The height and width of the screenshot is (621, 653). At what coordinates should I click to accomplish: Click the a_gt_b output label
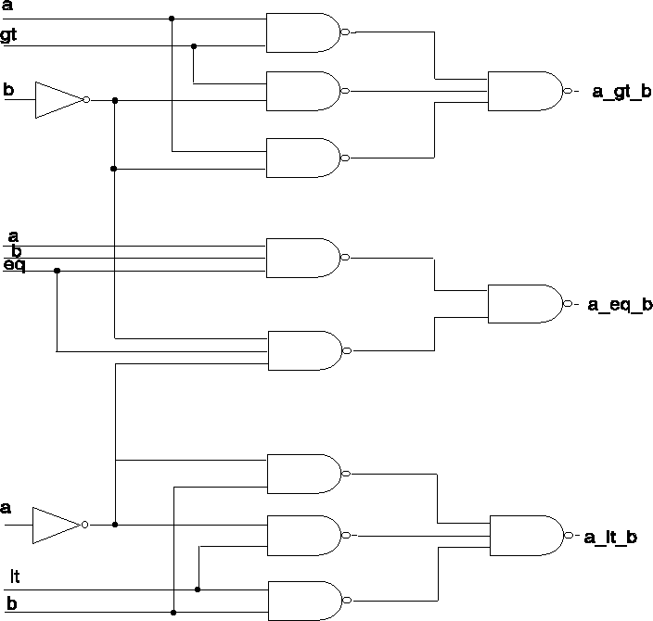click(x=621, y=92)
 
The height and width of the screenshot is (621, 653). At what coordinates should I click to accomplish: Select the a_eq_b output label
click(x=620, y=305)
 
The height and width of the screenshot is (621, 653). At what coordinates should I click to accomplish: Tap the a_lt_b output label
click(x=610, y=538)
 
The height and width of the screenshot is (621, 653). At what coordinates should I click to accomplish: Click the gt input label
click(x=8, y=35)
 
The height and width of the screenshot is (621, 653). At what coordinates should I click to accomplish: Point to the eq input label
click(x=14, y=266)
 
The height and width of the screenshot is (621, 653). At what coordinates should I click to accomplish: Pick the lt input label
click(x=14, y=577)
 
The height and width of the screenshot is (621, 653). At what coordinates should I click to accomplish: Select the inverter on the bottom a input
click(x=57, y=525)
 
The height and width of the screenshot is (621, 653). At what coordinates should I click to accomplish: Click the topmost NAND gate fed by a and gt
click(x=303, y=32)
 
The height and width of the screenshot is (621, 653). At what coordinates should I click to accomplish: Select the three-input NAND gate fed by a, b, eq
click(x=304, y=258)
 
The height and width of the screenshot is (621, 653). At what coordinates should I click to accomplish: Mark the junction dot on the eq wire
click(x=58, y=271)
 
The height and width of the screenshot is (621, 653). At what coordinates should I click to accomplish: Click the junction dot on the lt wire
click(x=198, y=589)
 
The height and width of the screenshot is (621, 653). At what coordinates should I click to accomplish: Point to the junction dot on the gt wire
click(x=194, y=45)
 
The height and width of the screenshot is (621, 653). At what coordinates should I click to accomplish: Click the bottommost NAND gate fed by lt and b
click(x=304, y=600)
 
